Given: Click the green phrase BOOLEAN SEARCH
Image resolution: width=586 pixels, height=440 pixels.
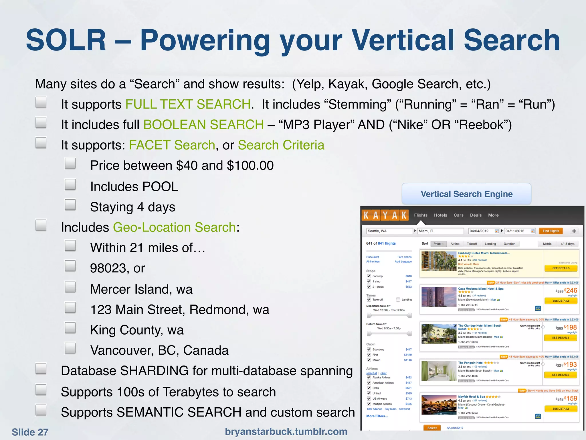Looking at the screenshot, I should (203, 125).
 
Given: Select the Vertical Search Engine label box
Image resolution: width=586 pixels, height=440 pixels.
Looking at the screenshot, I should (466, 194).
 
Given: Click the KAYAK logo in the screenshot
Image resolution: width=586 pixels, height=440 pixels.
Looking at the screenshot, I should (385, 215).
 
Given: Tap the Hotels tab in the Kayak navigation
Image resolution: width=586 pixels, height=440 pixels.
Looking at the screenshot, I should (440, 215).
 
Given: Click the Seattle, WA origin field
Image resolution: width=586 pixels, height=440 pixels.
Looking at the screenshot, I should (389, 231).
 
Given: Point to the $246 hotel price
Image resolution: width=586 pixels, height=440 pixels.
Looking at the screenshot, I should (571, 290).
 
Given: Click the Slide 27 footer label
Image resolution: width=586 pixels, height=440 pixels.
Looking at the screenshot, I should (30, 432).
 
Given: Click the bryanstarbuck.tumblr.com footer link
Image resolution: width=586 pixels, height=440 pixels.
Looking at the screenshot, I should (286, 431).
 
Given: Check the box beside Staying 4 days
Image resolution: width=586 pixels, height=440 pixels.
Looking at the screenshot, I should (70, 205).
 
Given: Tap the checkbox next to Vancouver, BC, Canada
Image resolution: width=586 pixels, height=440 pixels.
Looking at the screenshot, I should (70, 348).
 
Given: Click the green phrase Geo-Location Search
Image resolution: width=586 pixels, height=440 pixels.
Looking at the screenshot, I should (175, 227).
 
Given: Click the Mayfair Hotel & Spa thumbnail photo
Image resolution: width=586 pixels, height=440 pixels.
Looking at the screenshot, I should (439, 405).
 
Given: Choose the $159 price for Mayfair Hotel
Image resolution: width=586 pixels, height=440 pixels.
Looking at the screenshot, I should (571, 398).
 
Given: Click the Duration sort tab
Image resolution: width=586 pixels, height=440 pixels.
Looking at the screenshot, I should (509, 244).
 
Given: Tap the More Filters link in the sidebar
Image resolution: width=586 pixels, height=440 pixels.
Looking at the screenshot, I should (377, 416).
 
